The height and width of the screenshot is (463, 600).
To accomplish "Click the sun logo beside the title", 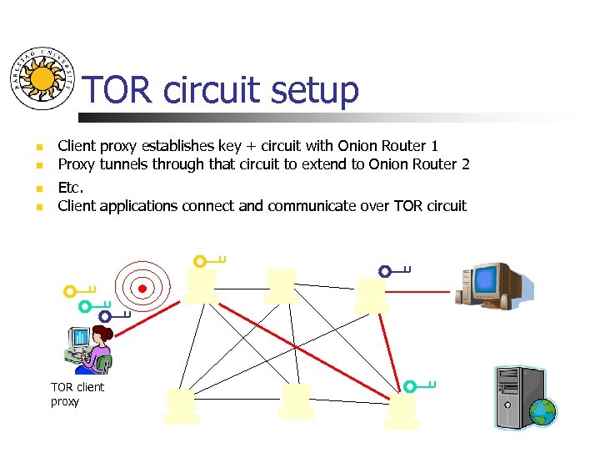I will coord(42,78).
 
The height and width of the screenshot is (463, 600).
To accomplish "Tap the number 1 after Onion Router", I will coord(434,146).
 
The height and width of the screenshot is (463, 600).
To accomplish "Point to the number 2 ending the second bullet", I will coord(465,164).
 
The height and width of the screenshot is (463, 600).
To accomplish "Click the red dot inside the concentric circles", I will coord(142,289).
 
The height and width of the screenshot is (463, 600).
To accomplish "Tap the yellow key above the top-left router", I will coord(208,261).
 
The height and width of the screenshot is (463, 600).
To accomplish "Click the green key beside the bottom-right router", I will coord(419,386).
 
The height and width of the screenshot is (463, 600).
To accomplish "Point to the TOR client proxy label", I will coord(77,395).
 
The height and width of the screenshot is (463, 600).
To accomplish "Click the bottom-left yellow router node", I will coord(182,405).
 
